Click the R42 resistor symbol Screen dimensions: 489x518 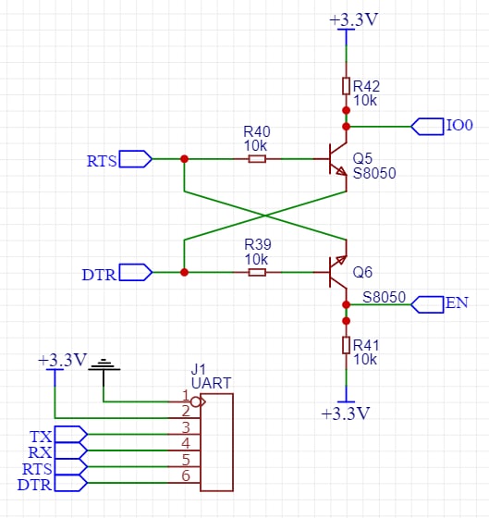[346, 86]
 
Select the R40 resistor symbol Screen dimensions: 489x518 [257, 159]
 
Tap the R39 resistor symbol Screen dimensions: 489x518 [257, 272]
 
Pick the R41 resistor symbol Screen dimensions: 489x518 [346, 345]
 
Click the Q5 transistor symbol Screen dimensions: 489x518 [336, 159]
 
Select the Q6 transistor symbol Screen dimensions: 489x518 [336, 272]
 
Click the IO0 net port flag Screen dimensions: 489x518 [427, 127]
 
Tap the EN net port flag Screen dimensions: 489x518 [427, 304]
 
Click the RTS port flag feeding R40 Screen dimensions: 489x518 [135, 159]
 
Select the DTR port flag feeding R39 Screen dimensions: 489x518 [135, 272]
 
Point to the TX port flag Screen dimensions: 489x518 [71, 435]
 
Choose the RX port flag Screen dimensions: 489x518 [71, 450]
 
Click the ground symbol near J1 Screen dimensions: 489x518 [104, 365]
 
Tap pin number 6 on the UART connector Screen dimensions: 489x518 [186, 475]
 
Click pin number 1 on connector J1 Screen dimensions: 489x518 [186, 395]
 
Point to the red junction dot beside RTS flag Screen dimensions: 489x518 [184, 159]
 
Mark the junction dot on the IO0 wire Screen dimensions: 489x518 [346, 127]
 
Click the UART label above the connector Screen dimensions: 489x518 [212, 383]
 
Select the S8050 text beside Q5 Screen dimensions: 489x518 [374, 173]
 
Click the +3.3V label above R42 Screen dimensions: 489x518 [354, 19]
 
